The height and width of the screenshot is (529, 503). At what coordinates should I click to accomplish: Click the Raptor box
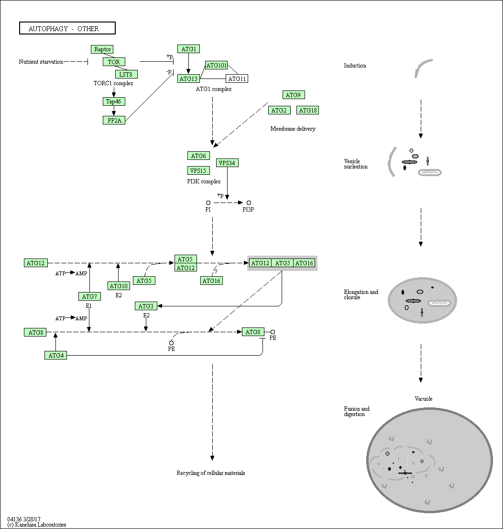pos(102,49)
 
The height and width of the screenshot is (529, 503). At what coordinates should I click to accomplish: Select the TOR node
pos(114,62)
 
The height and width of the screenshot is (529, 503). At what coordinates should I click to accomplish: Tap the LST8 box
pos(126,74)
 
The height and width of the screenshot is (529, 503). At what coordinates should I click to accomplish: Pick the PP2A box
pos(114,120)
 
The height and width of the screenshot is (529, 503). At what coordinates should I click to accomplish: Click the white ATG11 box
pos(237,79)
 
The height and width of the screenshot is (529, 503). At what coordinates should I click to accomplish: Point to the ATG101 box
pos(216,66)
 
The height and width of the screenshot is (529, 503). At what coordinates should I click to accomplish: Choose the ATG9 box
pos(293,95)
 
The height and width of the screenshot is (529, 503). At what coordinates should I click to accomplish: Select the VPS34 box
pos(227,163)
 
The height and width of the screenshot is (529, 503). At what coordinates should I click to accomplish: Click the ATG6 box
pos(198,156)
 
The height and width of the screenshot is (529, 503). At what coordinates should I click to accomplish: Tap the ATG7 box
pos(89,296)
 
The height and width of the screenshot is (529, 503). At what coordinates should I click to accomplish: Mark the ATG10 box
pos(119,286)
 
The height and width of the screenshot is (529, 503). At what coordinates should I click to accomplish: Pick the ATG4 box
pos(55,355)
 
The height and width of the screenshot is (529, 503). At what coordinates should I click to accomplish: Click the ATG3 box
pos(146,306)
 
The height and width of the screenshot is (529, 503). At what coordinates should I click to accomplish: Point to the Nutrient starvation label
pos(41,62)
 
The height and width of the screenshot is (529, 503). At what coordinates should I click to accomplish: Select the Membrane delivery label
pos(293,129)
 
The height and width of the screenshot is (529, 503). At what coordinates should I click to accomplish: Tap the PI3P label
pos(249,209)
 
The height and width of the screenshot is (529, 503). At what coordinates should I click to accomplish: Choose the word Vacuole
pos(424,399)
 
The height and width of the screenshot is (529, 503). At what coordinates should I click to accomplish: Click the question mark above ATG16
pos(216,271)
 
